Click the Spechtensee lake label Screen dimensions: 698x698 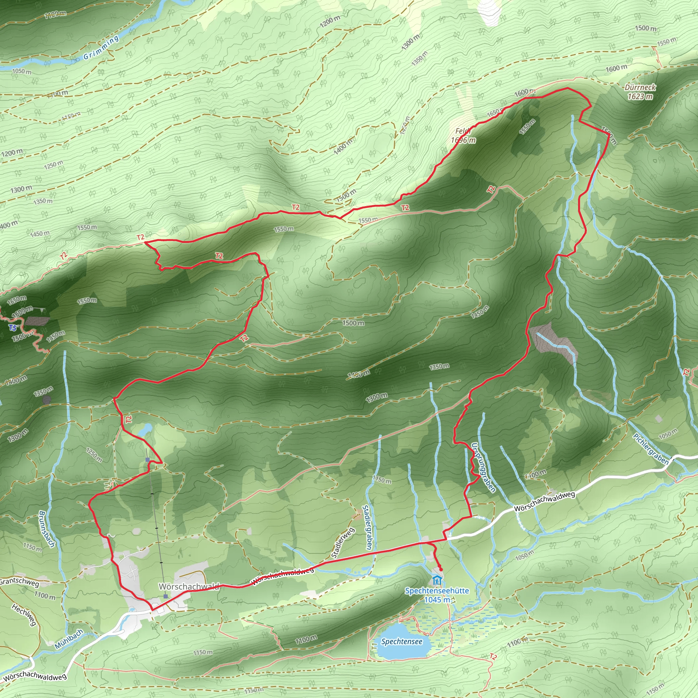[x=402, y=641]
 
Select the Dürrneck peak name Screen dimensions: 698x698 [x=640, y=88]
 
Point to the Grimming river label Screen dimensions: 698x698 [x=101, y=48]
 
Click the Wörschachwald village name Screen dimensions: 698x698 [x=189, y=586]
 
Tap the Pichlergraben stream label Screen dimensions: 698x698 [x=651, y=449]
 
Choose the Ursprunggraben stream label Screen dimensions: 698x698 [x=483, y=467]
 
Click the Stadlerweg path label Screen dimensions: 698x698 [x=343, y=543]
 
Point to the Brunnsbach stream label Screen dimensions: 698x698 [x=47, y=529]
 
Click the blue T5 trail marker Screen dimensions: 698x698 [x=13, y=328]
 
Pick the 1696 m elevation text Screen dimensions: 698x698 [x=463, y=140]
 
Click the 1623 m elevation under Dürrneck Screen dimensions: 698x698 [x=640, y=96]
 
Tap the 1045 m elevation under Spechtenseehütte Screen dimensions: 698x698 [x=437, y=600]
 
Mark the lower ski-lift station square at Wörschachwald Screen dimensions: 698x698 [x=165, y=596]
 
